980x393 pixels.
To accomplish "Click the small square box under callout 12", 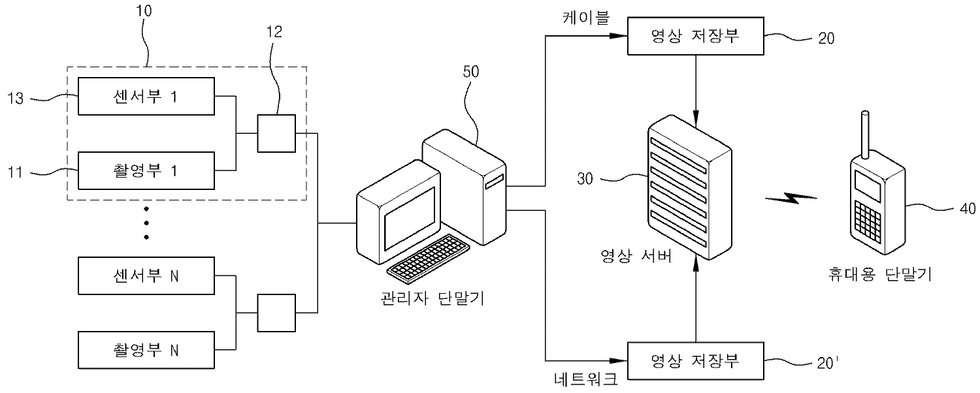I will [276, 133].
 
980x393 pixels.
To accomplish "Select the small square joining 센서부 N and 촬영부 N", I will [276, 313].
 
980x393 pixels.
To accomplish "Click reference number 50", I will [470, 72].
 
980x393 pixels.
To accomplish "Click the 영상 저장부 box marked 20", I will [695, 37].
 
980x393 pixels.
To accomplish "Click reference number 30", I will [585, 178].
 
